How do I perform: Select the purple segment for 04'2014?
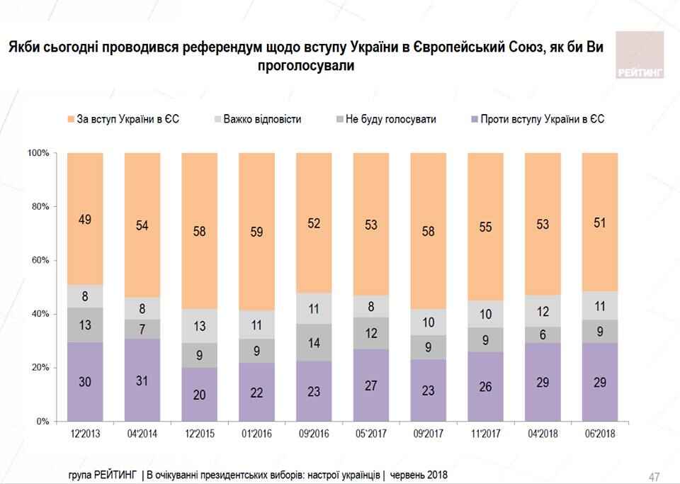click(x=142, y=380)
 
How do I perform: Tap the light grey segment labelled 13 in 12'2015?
click(x=200, y=326)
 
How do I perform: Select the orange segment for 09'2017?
click(x=429, y=230)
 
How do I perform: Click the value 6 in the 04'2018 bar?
click(x=543, y=335)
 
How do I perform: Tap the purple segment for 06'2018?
click(x=601, y=382)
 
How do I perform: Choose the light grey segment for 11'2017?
click(x=486, y=314)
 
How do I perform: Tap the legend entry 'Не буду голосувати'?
click(x=390, y=119)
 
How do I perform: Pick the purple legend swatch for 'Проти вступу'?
click(x=472, y=119)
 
